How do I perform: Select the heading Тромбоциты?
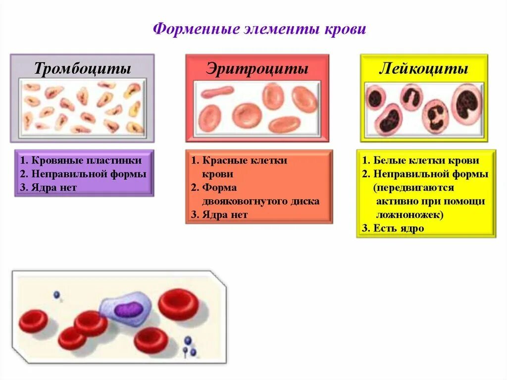tap(82, 68)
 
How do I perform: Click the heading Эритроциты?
tap(257, 68)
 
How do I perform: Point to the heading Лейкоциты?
tap(423, 68)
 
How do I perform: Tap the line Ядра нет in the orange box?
tap(225, 215)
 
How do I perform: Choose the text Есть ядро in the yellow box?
tap(399, 228)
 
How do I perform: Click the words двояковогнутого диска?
tap(260, 201)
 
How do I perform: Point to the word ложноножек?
tap(409, 215)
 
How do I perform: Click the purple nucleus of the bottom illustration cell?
tap(128, 310)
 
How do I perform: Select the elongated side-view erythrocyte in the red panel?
tap(217, 92)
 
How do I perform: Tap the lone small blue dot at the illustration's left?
tap(56, 295)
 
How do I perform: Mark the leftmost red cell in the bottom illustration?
tap(34, 322)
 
